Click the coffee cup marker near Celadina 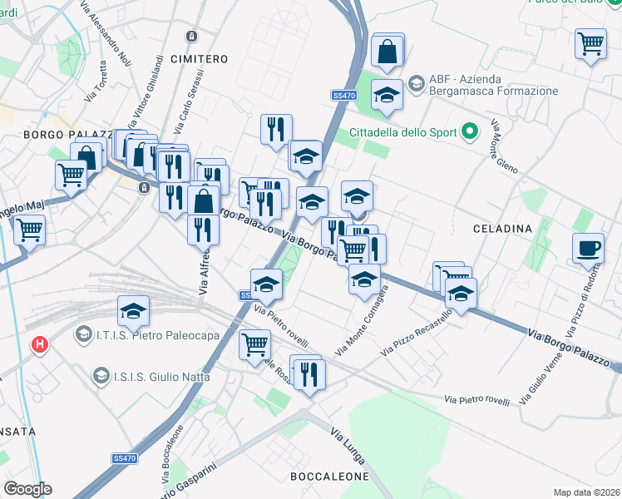pyautogui.click(x=589, y=248)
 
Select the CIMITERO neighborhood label pyautogui.click(x=198, y=59)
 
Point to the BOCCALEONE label pyautogui.click(x=328, y=477)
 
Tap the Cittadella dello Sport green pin pyautogui.click(x=470, y=131)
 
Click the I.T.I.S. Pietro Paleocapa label pyautogui.click(x=147, y=335)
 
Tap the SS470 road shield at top pyautogui.click(x=343, y=96)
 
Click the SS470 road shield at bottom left pyautogui.click(x=125, y=458)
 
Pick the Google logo pyautogui.click(x=27, y=489)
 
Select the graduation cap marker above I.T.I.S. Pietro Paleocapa pyautogui.click(x=133, y=311)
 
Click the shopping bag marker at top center pyautogui.click(x=388, y=51)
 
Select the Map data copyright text pyautogui.click(x=587, y=492)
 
